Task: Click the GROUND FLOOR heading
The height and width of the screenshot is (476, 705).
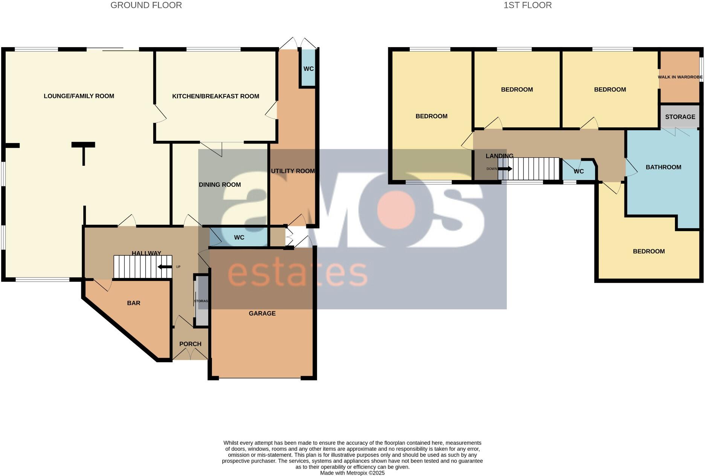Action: pos(146,5)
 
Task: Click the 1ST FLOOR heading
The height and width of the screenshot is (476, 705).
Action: pos(527,5)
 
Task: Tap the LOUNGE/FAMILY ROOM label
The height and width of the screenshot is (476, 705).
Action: pos(79,96)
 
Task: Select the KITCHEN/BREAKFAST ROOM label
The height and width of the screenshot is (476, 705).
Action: pos(215,96)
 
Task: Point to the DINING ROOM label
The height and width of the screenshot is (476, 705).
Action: pos(220,185)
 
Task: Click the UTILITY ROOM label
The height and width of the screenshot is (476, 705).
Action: pos(293,171)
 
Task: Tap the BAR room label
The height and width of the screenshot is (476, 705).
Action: pos(133,303)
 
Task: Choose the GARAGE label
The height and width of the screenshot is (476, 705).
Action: pos(262,313)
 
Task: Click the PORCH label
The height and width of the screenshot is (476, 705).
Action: pos(190,344)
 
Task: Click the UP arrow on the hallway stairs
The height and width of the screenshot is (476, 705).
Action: pos(165,267)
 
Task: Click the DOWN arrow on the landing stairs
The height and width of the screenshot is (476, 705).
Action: pos(505,169)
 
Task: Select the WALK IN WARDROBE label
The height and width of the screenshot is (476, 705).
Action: pos(680,77)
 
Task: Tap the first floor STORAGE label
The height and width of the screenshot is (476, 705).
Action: pos(680,117)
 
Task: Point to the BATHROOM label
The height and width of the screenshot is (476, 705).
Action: pos(663,167)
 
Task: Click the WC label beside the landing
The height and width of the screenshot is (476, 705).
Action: pos(578,171)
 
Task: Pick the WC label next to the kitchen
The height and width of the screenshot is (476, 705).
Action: pos(308,69)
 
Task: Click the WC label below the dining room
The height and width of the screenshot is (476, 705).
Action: pos(239,238)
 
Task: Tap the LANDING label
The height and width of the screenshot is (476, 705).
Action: pos(499,156)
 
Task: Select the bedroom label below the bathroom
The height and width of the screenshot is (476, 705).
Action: pos(649,252)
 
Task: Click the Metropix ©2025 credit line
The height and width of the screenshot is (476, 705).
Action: pos(352,473)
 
